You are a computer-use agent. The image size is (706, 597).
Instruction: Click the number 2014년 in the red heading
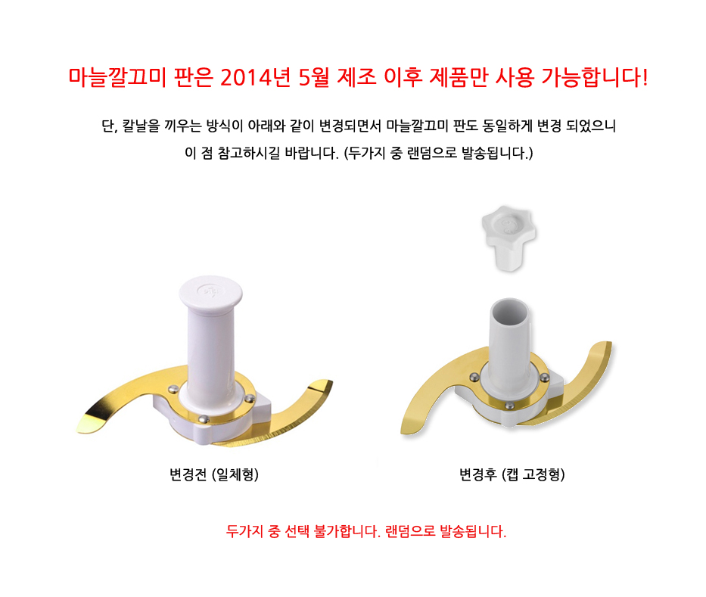click(x=255, y=77)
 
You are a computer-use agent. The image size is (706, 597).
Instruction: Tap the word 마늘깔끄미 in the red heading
click(x=117, y=77)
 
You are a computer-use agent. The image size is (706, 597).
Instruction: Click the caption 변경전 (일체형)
click(x=214, y=474)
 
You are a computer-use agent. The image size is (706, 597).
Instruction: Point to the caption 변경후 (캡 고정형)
click(x=512, y=474)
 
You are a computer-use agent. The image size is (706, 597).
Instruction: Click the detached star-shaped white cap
click(x=509, y=238)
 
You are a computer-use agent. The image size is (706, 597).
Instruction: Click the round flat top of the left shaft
click(x=210, y=291)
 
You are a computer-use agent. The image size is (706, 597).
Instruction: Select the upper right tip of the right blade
click(x=610, y=344)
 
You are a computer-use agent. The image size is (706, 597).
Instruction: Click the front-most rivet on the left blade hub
click(x=204, y=418)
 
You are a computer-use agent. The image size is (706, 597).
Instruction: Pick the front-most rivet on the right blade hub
click(x=510, y=406)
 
